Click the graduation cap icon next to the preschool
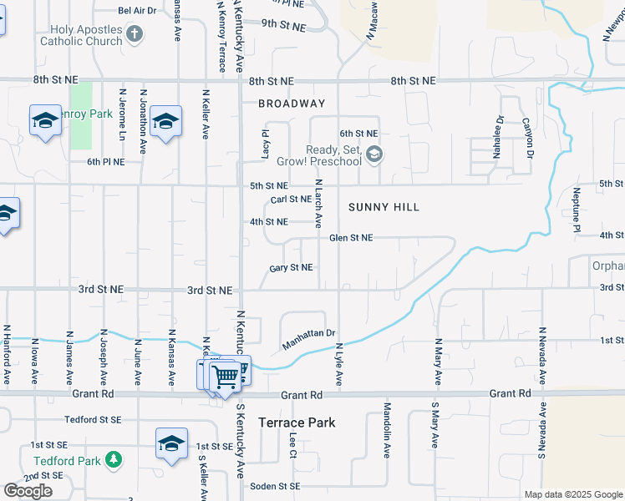tap(374, 153)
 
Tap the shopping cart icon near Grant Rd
tap(225, 376)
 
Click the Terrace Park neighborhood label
tap(297, 423)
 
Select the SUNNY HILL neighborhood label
tap(384, 206)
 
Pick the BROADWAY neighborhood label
tap(292, 104)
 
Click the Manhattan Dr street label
tap(308, 339)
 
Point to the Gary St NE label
tap(291, 268)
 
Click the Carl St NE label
tap(291, 200)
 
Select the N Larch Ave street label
tap(318, 203)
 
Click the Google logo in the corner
tap(28, 490)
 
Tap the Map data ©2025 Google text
tap(573, 494)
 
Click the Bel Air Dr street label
tap(137, 11)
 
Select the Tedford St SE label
tap(94, 420)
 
